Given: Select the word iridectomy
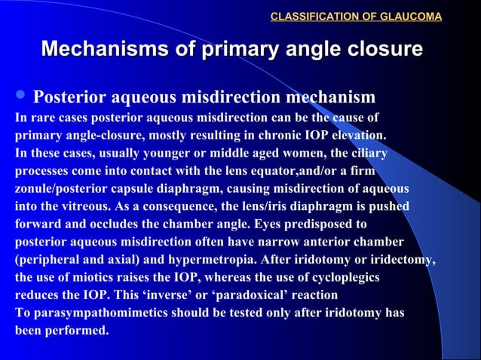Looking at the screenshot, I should (x=400, y=259).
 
